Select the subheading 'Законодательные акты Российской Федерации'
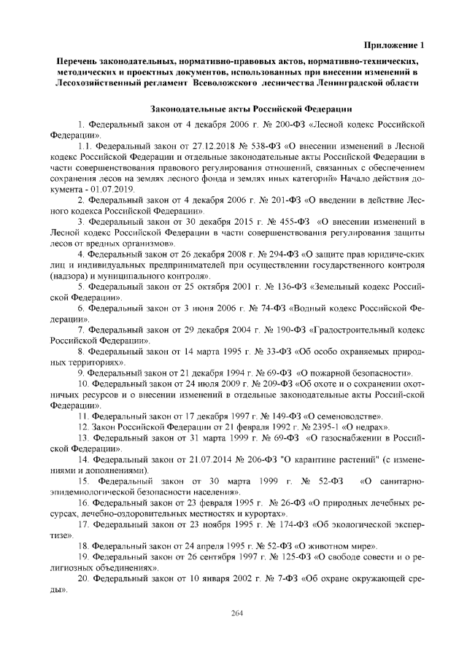pos(242,109)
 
